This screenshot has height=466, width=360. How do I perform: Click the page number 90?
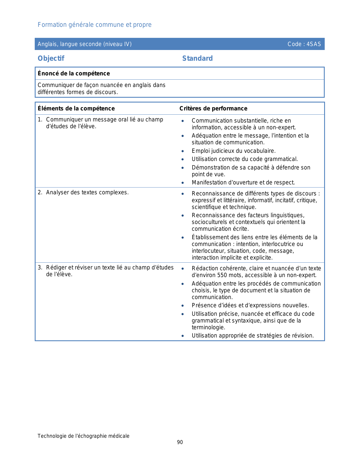(180, 442)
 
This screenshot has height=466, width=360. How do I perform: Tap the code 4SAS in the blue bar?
(314, 44)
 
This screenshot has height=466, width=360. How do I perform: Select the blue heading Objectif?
(51, 58)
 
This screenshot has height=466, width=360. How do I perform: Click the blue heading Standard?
(197, 58)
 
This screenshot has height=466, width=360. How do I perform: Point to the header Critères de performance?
(213, 108)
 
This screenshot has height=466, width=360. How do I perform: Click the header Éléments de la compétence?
(76, 108)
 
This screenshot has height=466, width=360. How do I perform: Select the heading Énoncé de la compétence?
(74, 73)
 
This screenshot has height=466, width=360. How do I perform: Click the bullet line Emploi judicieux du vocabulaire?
(234, 151)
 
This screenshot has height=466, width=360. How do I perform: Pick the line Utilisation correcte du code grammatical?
(245, 159)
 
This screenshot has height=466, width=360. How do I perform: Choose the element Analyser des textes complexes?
(87, 192)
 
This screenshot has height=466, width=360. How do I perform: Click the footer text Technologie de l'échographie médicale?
(84, 436)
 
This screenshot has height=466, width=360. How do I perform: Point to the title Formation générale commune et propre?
(95, 25)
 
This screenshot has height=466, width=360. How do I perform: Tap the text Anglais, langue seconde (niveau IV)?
(85, 44)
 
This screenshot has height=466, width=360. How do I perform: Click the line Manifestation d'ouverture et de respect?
(243, 182)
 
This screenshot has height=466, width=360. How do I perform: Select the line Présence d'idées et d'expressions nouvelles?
(250, 305)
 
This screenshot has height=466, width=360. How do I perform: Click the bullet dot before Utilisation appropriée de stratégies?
(183, 336)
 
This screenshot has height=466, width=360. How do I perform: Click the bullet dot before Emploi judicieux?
(183, 151)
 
